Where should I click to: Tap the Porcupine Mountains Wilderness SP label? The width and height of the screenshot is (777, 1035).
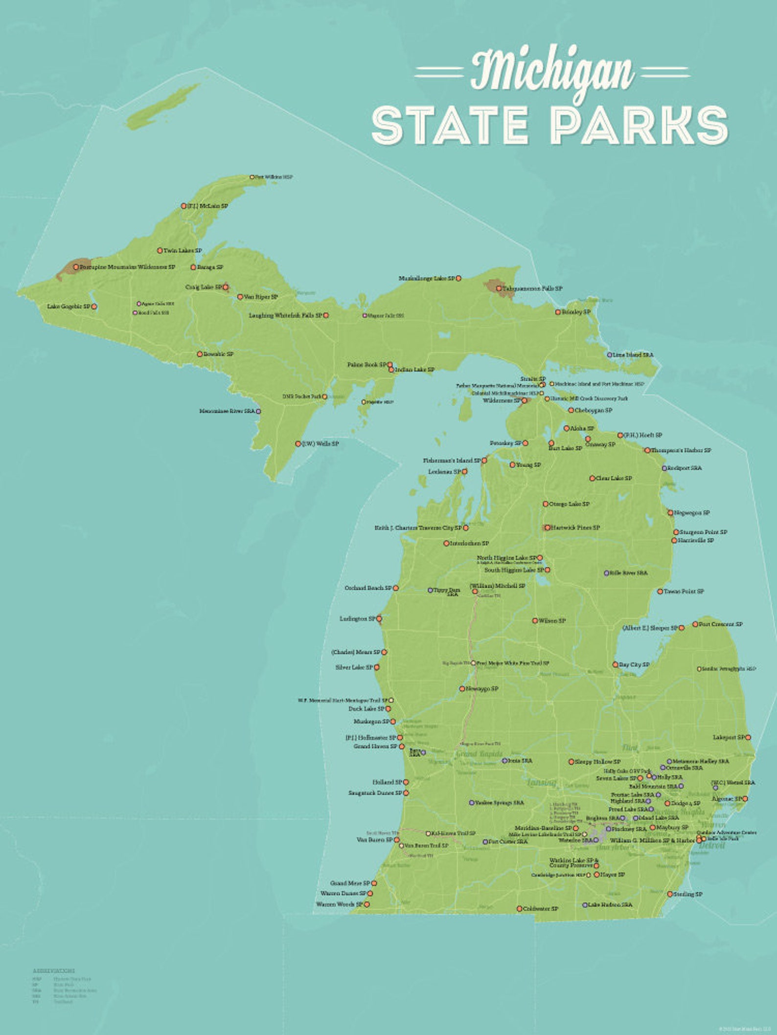point(127,267)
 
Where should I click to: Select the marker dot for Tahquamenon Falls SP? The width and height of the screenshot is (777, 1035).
point(499,288)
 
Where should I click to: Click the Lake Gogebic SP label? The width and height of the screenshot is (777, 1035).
point(69,307)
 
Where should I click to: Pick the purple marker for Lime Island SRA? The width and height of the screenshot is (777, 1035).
point(610,355)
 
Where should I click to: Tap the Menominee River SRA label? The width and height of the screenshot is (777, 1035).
point(227,411)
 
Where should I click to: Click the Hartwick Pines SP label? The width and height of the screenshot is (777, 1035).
point(575,528)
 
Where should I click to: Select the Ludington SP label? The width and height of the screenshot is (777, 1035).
point(357,618)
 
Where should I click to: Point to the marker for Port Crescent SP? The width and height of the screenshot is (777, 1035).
point(695,624)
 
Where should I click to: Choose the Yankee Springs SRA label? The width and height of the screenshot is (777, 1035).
point(499,803)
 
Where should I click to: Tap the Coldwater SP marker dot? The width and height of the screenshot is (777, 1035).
point(520,909)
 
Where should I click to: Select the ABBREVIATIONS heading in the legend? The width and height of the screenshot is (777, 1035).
point(54,970)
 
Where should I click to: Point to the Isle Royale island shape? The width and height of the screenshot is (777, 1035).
point(161,107)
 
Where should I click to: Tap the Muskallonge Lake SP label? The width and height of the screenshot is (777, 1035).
point(427,278)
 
